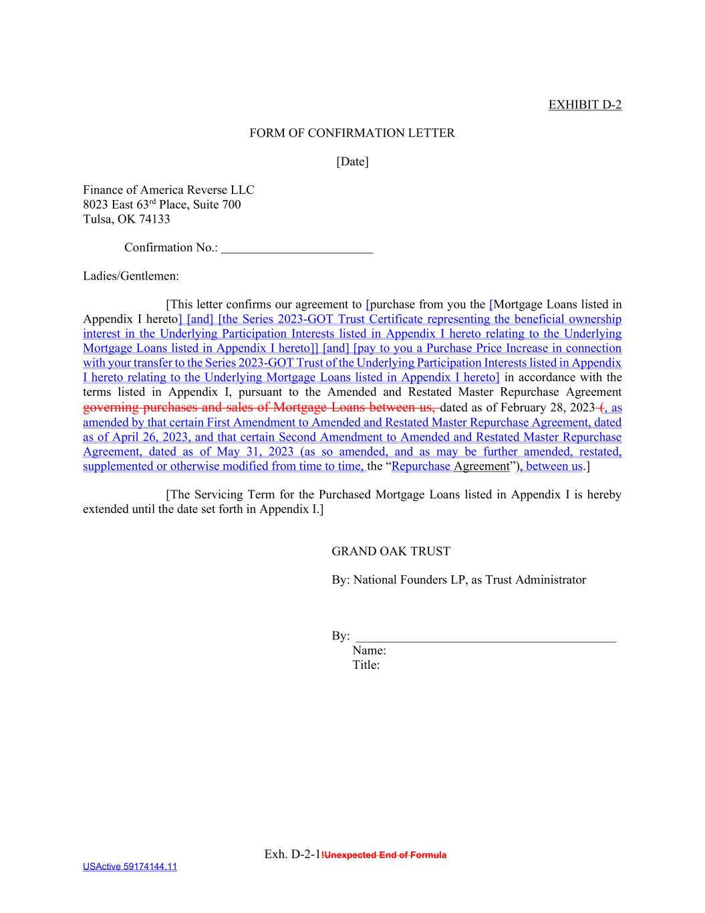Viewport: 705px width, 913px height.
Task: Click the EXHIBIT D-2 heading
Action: click(585, 104)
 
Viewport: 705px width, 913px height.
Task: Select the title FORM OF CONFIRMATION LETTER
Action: click(352, 133)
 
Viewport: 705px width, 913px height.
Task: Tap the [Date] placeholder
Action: click(352, 161)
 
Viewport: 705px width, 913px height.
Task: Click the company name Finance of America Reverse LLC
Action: click(168, 190)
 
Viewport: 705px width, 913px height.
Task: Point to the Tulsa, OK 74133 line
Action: click(126, 219)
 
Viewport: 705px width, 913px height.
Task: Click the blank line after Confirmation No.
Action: click(297, 248)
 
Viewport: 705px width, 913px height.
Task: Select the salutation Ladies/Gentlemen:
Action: click(131, 276)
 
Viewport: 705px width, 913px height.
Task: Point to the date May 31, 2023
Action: click(255, 451)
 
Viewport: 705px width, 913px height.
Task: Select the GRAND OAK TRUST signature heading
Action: click(391, 551)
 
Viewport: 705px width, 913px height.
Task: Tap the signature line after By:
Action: click(486, 637)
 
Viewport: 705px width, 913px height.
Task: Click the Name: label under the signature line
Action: click(369, 650)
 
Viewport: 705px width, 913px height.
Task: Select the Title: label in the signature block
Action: click(366, 665)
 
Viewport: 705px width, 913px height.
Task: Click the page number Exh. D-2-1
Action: click(293, 854)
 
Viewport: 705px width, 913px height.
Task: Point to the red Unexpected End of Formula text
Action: click(385, 855)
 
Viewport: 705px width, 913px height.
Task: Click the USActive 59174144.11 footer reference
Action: click(130, 867)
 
